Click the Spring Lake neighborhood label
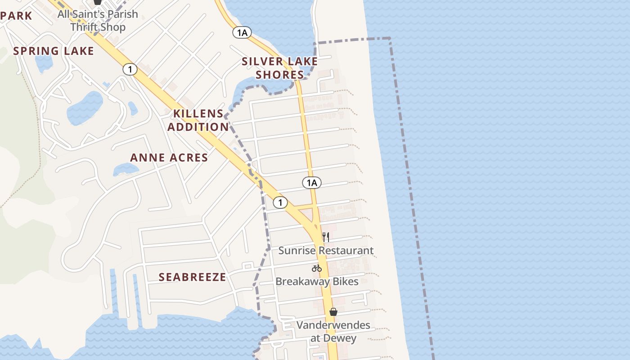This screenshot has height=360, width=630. (54, 51)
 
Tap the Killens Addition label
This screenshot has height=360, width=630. (198, 120)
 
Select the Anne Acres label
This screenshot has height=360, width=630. (169, 157)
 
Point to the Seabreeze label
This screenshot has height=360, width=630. (192, 277)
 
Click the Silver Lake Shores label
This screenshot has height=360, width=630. (280, 68)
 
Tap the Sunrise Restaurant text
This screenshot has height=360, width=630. (326, 250)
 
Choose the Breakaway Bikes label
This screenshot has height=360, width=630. (317, 282)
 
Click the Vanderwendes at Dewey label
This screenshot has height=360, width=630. (333, 331)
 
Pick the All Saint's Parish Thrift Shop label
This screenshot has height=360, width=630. (98, 20)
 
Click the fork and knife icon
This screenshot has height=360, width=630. (326, 237)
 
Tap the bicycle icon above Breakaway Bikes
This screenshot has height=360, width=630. (317, 268)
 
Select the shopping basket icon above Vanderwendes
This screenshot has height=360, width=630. (333, 312)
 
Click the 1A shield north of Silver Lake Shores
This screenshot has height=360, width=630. (242, 32)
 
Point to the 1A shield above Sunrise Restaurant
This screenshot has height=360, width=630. (311, 183)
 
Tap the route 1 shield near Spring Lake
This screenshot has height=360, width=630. (130, 69)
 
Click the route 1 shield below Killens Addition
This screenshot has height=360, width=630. (280, 202)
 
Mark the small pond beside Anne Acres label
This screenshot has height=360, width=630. (125, 169)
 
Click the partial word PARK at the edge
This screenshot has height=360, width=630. (16, 16)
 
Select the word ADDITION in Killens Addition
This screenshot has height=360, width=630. (198, 127)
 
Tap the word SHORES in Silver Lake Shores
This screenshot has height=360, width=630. (280, 75)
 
